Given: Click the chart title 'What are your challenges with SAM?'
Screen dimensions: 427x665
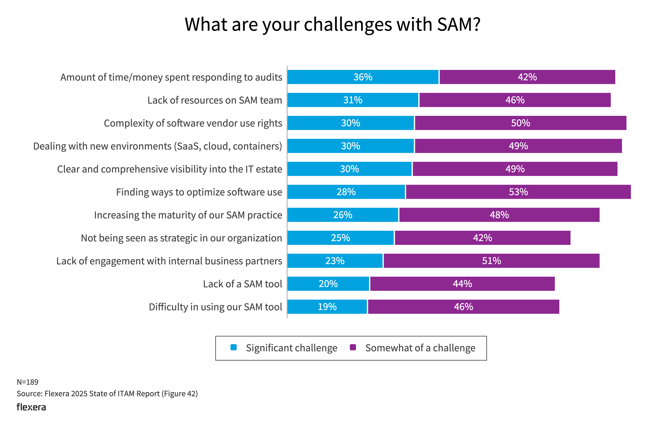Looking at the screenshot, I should pos(332,24).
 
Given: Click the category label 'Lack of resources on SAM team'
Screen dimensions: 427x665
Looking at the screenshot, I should pos(215,100).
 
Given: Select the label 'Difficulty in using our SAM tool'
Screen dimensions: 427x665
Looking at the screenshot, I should pos(215,307).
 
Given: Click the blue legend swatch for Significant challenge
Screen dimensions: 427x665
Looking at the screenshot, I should pos(233,347).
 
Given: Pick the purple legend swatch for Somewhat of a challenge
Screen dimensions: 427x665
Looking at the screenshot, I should pos(353,347).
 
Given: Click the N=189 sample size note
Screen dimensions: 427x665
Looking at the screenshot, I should pos(27,382).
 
